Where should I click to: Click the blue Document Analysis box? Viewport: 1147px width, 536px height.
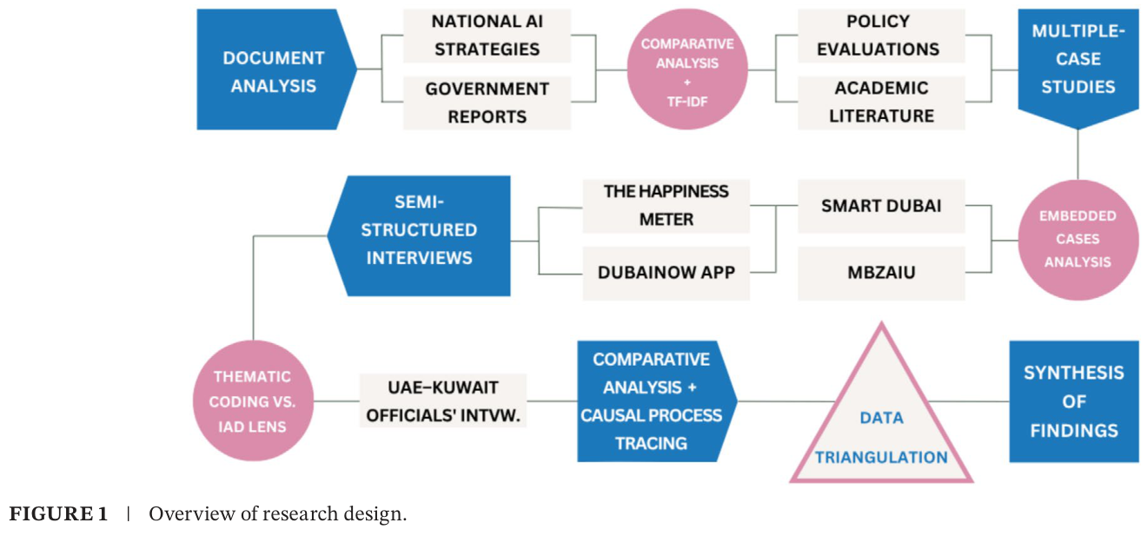[x=274, y=71]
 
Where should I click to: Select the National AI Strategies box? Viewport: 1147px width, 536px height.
[x=487, y=36]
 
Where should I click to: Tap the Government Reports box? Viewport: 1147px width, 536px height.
[x=487, y=103]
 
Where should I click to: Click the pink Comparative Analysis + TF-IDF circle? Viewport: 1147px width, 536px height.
[x=686, y=69]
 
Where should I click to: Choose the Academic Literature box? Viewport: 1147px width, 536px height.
[x=880, y=103]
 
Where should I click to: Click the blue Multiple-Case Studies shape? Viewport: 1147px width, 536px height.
[x=1078, y=65]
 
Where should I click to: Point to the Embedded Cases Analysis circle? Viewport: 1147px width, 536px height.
[x=1078, y=239]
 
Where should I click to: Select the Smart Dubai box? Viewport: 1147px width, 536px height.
[x=880, y=207]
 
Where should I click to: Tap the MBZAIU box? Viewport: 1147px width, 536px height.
[x=880, y=273]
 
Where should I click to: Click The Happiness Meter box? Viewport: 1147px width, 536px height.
[x=666, y=205]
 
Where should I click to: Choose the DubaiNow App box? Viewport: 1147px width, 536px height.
[x=666, y=273]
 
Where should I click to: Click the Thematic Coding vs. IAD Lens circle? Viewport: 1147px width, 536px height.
[x=253, y=400]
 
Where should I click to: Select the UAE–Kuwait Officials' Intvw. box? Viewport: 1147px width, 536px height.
[x=443, y=400]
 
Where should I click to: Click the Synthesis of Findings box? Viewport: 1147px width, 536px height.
[x=1073, y=400]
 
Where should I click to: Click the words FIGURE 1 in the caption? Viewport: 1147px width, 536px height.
[x=58, y=514]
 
